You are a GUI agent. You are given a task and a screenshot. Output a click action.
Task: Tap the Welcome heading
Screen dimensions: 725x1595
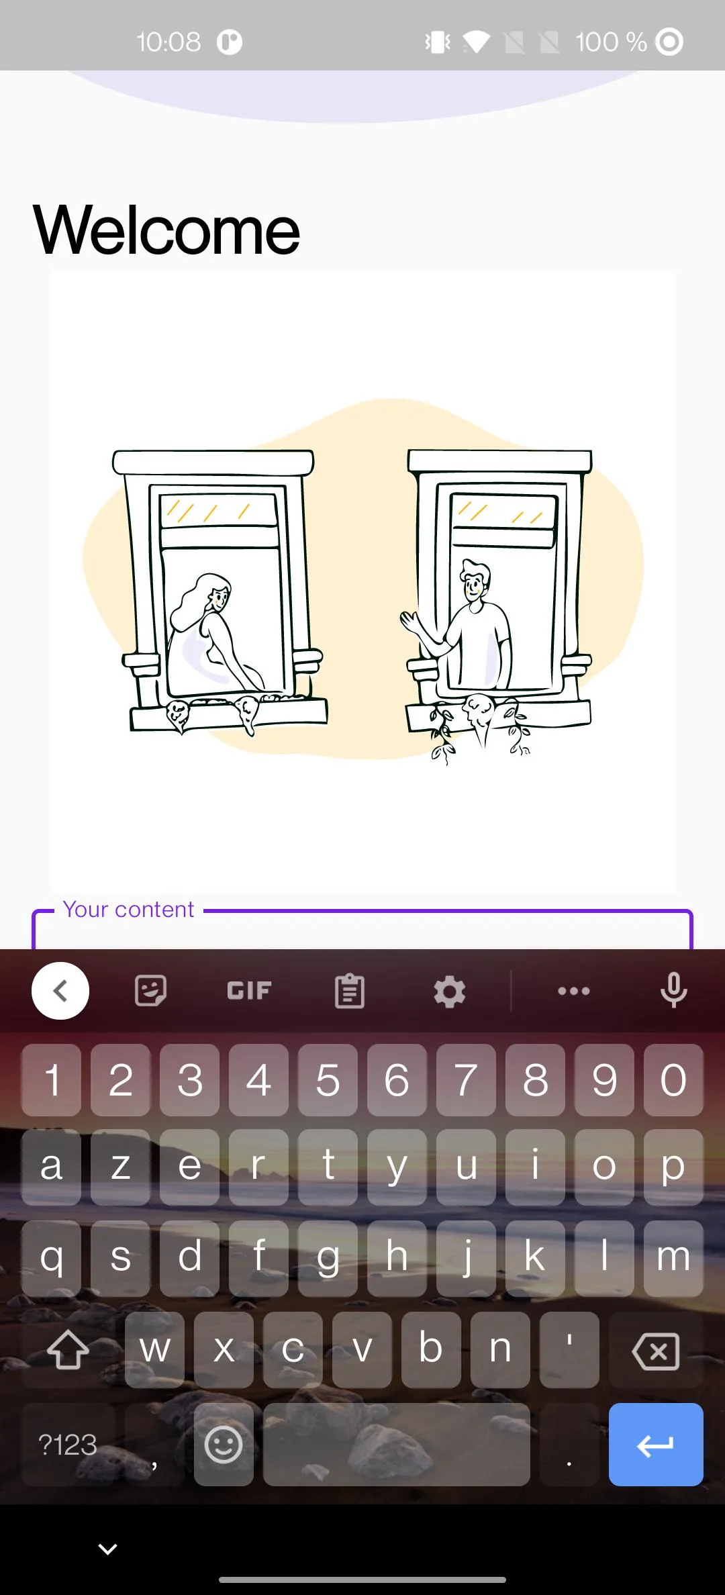[166, 230]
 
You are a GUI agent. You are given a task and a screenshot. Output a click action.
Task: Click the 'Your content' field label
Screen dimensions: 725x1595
[128, 910]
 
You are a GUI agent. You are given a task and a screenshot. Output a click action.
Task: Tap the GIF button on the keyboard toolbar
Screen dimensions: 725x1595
[249, 991]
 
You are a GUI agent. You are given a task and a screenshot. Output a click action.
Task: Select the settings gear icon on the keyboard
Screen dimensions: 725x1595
[449, 992]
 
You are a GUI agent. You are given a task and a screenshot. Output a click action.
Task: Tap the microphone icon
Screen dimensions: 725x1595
[673, 991]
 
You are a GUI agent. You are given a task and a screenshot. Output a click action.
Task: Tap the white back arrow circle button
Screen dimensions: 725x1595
[60, 991]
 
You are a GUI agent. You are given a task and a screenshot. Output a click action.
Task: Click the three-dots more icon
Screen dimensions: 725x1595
[574, 991]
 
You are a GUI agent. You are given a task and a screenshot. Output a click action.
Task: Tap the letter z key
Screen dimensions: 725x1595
[121, 1167]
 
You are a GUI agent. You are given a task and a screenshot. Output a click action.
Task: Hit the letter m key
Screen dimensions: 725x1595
[673, 1258]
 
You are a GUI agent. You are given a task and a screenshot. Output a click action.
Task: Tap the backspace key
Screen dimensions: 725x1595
[656, 1350]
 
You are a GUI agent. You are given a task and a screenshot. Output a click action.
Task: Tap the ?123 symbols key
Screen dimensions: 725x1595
[68, 1444]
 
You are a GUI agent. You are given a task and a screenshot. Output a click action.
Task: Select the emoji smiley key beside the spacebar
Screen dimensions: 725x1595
[224, 1444]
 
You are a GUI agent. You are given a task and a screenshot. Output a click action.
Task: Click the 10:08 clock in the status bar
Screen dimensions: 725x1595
[168, 42]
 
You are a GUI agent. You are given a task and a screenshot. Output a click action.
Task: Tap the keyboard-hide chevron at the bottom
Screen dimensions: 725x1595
[107, 1549]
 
